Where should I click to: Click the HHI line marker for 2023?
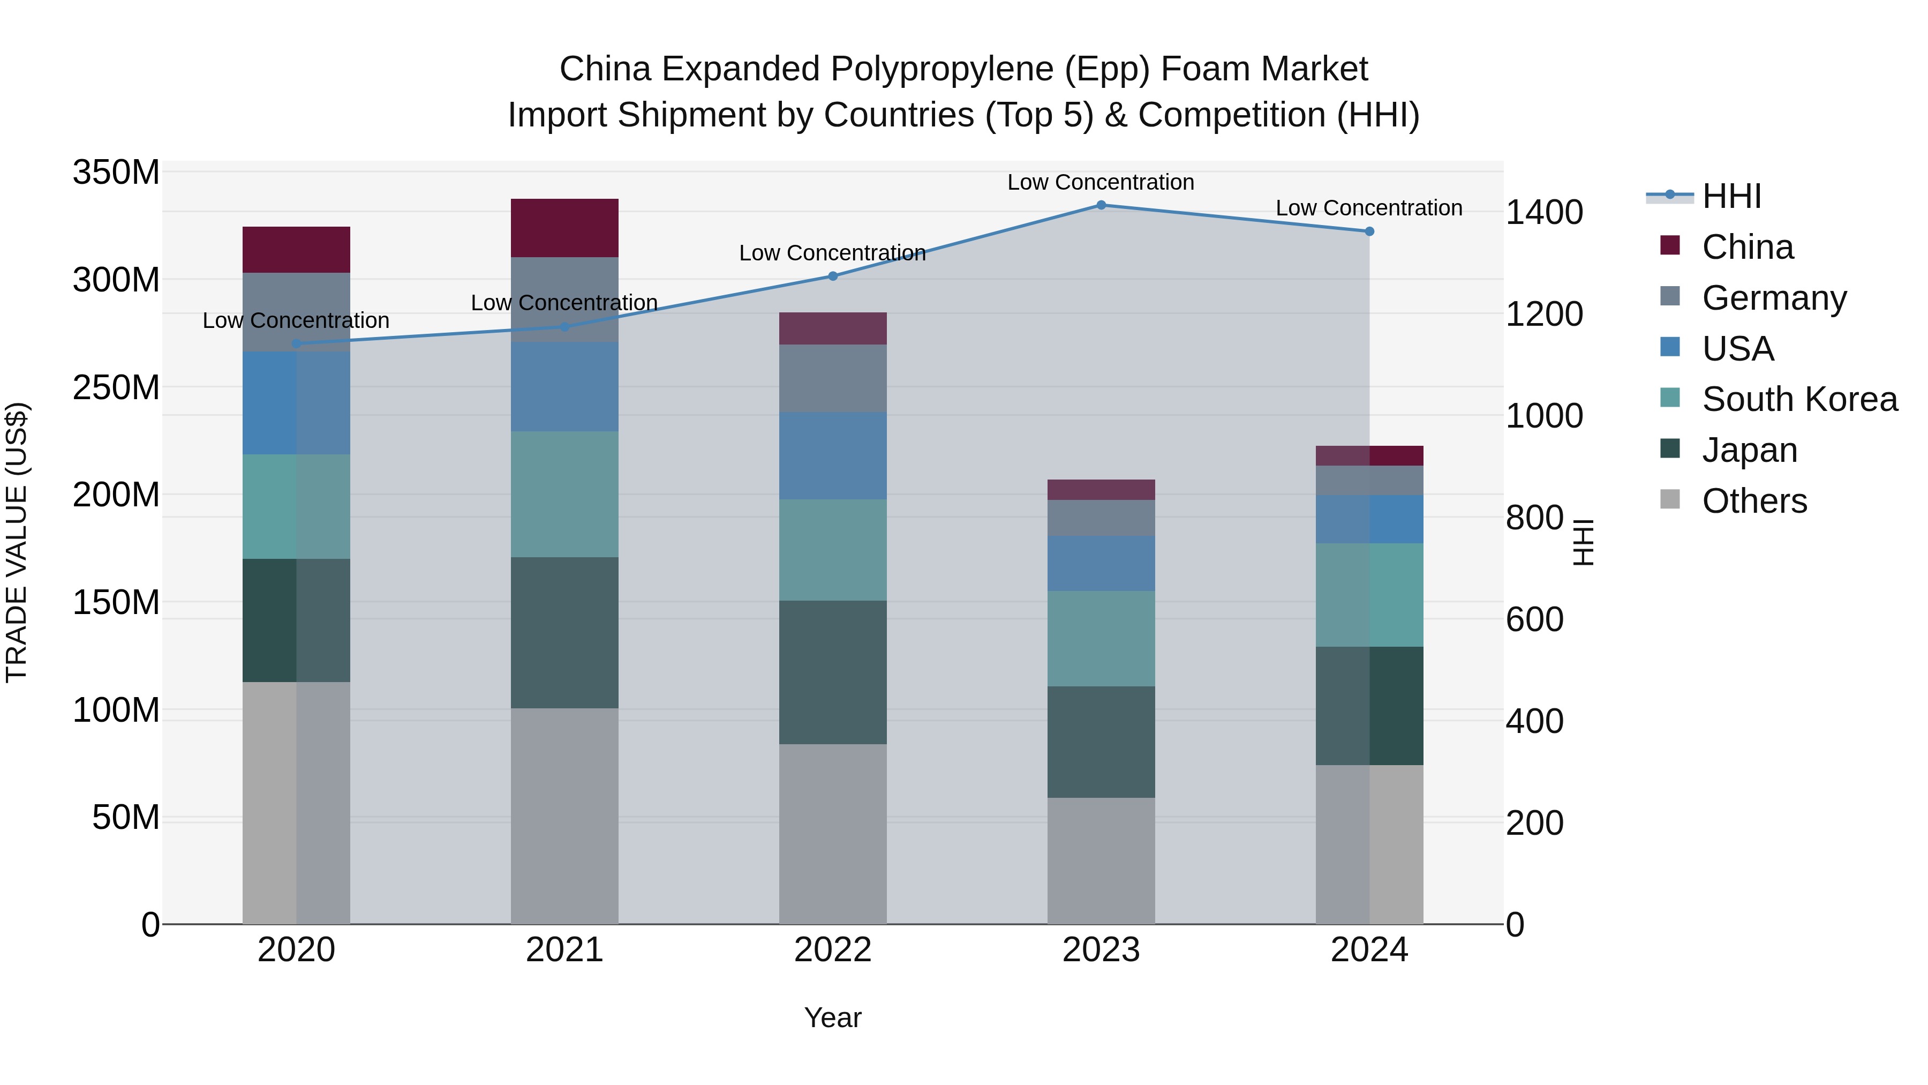point(1101,205)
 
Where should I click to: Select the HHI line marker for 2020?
point(296,343)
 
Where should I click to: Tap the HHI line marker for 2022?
point(833,276)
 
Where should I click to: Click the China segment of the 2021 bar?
point(564,228)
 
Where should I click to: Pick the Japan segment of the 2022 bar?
point(833,672)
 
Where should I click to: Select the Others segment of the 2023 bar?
point(1101,860)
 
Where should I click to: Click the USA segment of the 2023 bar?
point(1101,563)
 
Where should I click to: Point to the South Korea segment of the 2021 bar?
point(564,494)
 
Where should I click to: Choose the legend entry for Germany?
point(1774,298)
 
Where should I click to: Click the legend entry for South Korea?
point(1799,399)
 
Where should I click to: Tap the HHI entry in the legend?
point(1731,196)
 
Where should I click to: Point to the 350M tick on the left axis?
point(116,173)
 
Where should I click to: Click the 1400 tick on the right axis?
point(1543,213)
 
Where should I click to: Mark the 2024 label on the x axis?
point(1369,950)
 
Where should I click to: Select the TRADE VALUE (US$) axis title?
point(17,542)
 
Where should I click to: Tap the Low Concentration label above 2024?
point(1369,208)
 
